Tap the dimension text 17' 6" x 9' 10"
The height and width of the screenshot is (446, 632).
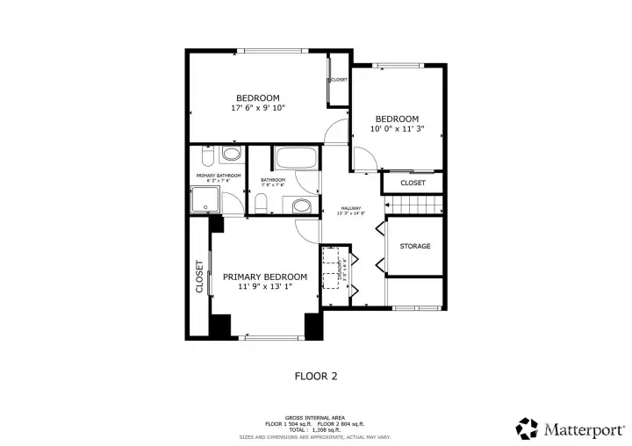point(258,108)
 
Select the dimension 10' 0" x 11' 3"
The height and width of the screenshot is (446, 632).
point(397,129)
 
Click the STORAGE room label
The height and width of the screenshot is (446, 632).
point(415,247)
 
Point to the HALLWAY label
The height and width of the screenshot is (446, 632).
point(351,208)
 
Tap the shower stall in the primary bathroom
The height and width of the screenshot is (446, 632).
point(205,200)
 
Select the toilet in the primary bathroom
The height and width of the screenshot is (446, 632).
point(204,157)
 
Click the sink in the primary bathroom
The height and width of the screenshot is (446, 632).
point(231,155)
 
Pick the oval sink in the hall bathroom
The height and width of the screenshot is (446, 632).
point(301,207)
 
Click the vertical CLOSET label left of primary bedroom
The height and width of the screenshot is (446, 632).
point(199,276)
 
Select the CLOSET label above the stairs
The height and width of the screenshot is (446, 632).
point(413,183)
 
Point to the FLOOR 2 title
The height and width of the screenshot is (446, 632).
point(315,376)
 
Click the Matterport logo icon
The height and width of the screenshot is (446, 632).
point(527,428)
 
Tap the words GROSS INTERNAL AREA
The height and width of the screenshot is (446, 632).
point(315,418)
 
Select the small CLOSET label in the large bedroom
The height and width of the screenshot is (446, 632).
point(339,80)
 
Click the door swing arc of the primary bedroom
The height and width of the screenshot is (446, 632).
point(305,228)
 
